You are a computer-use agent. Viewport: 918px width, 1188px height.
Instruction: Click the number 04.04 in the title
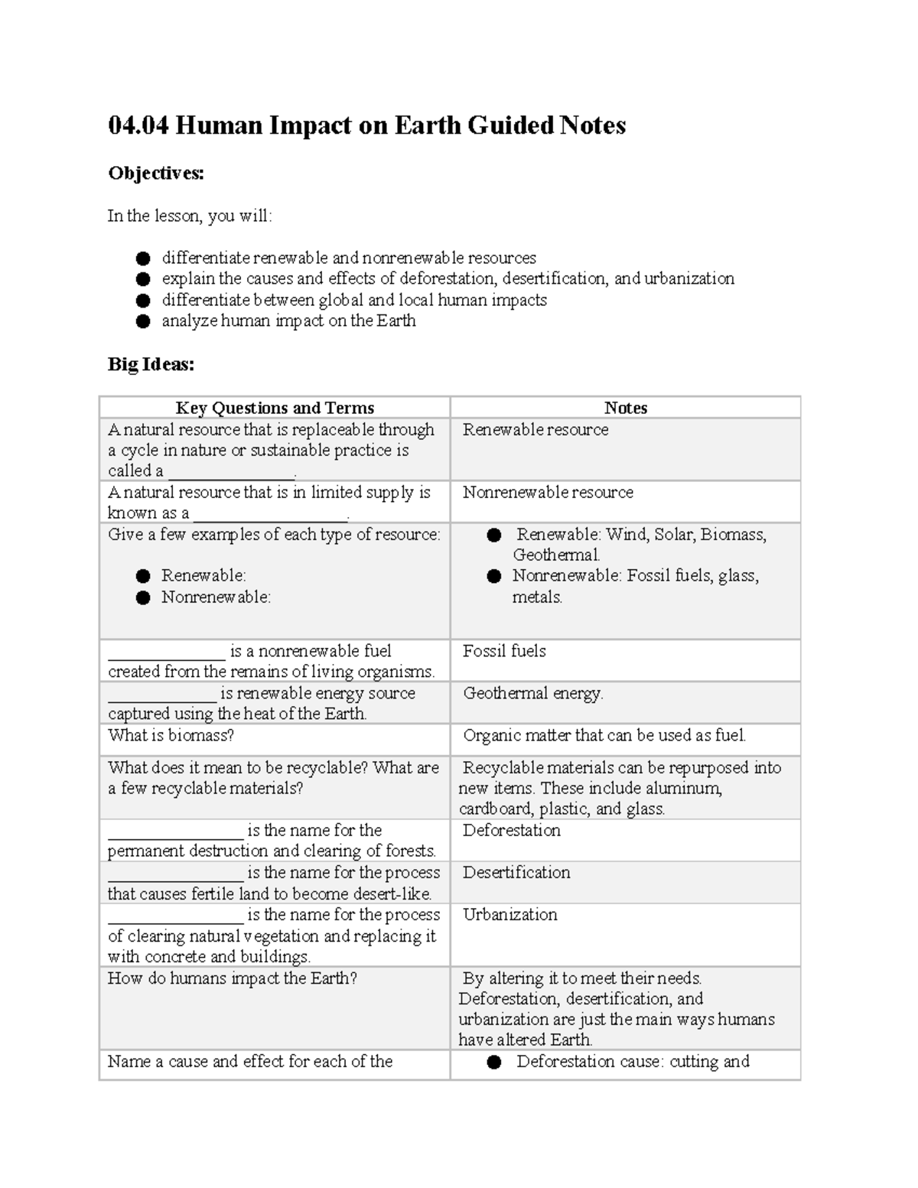(138, 125)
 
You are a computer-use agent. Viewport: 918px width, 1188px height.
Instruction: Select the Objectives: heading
(156, 174)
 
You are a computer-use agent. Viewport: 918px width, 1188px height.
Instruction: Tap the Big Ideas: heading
(151, 364)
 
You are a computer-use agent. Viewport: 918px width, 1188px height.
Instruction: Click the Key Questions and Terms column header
(275, 408)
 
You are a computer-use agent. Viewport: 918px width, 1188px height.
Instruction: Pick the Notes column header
(625, 408)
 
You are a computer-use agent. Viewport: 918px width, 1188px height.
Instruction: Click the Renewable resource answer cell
(535, 430)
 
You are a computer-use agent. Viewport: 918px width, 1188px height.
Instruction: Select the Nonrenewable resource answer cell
(548, 493)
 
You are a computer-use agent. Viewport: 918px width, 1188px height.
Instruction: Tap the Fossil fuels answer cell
(504, 651)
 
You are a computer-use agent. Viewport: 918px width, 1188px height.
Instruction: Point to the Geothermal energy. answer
(533, 693)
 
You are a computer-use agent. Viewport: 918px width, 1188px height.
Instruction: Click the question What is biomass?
(171, 735)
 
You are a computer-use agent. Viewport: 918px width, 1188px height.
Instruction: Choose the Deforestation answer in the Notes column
(511, 830)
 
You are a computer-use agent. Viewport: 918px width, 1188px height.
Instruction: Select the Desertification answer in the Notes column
(516, 872)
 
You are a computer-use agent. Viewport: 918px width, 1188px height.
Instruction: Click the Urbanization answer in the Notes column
(509, 914)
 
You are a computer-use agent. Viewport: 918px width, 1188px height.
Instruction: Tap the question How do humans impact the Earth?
(232, 978)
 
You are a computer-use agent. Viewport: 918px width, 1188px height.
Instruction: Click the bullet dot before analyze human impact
(143, 321)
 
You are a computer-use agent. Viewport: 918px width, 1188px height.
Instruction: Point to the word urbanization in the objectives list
(688, 278)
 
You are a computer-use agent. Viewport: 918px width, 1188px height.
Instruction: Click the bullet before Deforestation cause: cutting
(494, 1062)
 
